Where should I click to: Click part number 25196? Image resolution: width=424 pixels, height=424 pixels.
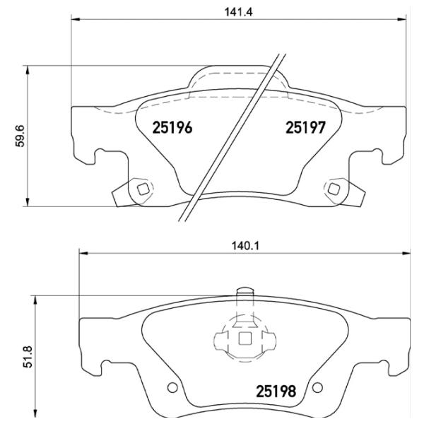click(172, 128)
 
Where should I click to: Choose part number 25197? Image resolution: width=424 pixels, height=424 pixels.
click(305, 128)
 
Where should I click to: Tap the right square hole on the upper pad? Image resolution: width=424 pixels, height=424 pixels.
click(333, 188)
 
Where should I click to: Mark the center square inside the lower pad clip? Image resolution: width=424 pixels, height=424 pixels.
click(245, 339)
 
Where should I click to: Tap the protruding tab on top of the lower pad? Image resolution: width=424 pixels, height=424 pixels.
click(245, 293)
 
